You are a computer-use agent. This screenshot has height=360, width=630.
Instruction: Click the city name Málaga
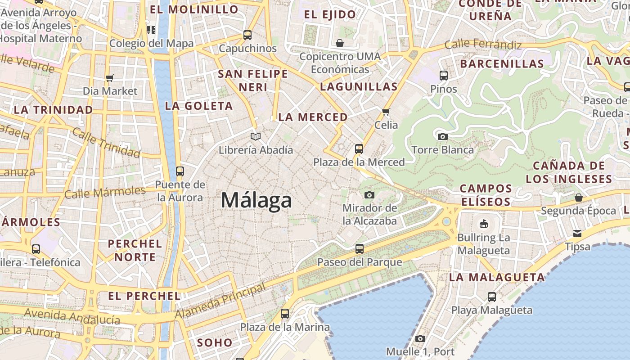point(256,200)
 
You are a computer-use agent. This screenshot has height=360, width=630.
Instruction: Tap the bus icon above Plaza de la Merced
point(359,148)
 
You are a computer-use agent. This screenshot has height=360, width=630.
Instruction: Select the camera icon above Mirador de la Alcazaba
point(369,195)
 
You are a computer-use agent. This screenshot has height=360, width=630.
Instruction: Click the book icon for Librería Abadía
point(256,136)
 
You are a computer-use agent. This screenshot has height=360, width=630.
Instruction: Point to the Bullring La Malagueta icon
point(484,224)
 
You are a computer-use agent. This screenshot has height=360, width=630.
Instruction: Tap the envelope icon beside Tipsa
point(577,233)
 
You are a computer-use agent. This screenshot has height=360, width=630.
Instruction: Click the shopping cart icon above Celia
point(386,112)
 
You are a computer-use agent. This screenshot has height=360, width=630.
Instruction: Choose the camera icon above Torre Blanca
point(442,136)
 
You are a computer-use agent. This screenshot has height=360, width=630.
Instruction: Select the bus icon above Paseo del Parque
point(359,248)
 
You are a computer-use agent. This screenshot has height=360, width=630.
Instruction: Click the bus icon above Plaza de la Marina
point(285,314)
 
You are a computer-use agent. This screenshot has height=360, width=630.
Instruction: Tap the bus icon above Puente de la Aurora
point(180,171)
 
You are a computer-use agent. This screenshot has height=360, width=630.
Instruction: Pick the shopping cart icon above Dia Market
point(110,78)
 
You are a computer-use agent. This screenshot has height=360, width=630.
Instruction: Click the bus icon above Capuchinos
point(247,35)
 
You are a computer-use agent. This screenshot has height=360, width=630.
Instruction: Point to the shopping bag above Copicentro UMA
point(340,43)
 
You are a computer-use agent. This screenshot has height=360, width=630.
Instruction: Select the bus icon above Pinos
point(443,76)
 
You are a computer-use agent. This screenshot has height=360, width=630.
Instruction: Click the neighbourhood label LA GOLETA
point(199,106)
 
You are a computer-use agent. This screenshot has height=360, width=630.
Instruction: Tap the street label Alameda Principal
point(220,301)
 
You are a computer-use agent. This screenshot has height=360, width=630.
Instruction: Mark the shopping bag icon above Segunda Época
point(578,198)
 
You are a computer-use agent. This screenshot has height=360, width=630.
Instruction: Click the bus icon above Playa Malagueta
point(491,297)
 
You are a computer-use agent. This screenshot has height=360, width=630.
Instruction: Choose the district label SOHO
point(215,342)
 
